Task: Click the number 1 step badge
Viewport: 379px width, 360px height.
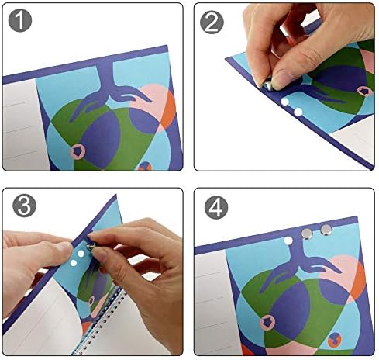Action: pos(20,20)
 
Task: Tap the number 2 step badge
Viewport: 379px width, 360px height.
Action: pos(212,22)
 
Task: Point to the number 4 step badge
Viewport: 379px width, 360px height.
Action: pos(216,207)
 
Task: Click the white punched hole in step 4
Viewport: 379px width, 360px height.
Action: pos(288,241)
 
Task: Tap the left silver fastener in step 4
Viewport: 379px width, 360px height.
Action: pos(307,234)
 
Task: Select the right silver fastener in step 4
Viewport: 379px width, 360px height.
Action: pos(326,230)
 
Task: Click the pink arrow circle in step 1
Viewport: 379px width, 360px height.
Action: pos(78,151)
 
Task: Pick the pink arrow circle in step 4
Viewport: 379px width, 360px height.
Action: pos(267,322)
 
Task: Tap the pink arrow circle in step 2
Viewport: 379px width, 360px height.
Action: pos(364,91)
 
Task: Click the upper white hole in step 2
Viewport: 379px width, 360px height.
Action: pos(284,102)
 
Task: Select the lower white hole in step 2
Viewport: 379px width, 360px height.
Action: pos(298,112)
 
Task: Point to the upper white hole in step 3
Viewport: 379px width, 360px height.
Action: pos(81,254)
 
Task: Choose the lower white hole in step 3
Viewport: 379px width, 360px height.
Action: pos(74,263)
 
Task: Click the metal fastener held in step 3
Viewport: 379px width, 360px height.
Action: pos(91,247)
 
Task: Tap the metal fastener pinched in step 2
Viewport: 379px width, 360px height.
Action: pos(268,85)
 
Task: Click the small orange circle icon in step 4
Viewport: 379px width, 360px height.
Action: pos(335,339)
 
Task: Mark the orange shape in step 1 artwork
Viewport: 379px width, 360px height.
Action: pos(169,110)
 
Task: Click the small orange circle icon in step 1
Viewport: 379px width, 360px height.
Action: pos(145,166)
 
